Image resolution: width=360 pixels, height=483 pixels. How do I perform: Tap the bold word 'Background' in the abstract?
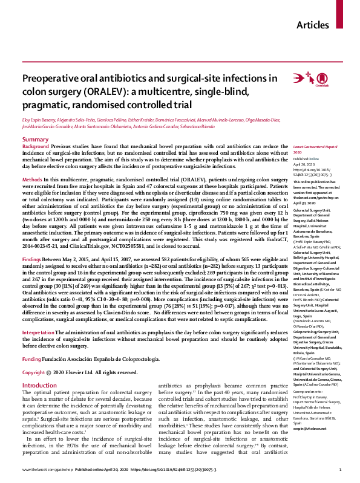pyautogui.click(x=35, y=147)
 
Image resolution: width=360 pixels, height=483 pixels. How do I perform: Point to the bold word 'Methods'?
pyautogui.click(x=32, y=181)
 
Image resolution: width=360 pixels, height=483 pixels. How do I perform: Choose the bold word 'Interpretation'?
pyautogui.click(x=39, y=315)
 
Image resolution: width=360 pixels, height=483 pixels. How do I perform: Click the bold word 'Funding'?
pyautogui.click(x=32, y=342)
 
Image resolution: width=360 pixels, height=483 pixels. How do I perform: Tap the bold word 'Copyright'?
pyautogui.click(x=34, y=355)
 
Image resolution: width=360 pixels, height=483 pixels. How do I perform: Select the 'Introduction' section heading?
pyautogui.click(x=39, y=369)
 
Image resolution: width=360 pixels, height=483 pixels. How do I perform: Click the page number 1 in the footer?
pyautogui.click(x=341, y=469)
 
